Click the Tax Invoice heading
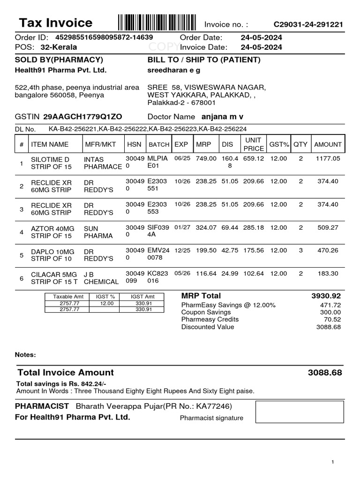click(x=55, y=23)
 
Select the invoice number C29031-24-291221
click(x=308, y=24)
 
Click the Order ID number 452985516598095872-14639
click(x=104, y=37)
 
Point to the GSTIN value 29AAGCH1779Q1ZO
click(x=82, y=116)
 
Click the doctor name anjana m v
click(x=222, y=116)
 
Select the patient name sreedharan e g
click(x=174, y=70)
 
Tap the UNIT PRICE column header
click(x=254, y=144)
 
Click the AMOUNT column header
click(x=328, y=144)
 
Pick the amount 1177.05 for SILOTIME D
click(x=327, y=159)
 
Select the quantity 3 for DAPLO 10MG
click(x=300, y=250)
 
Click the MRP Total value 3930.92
click(x=326, y=296)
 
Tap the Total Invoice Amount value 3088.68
click(x=325, y=373)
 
